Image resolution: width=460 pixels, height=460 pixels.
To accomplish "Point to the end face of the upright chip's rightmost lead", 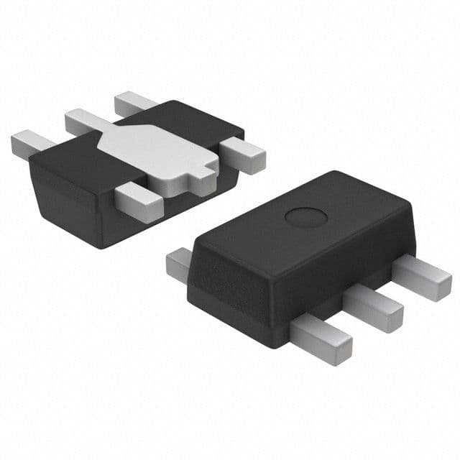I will (441, 286).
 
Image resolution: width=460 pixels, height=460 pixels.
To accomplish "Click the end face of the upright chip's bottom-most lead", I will (342, 351).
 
